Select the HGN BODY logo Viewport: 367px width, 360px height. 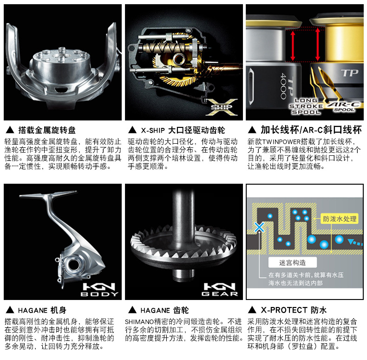(99, 289)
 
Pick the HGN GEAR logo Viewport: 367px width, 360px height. (220, 289)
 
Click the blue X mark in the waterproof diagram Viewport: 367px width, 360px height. (259, 227)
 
